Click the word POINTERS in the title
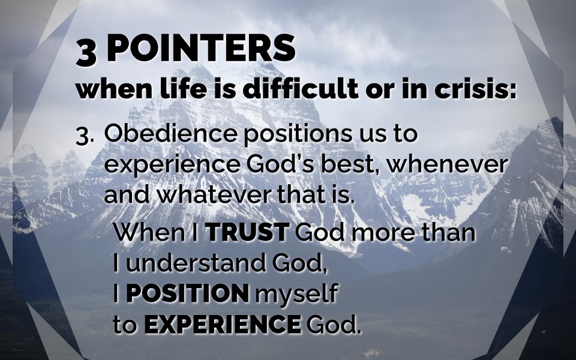201,48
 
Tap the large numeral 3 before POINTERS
86,53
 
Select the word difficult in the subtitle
301,88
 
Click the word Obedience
171,133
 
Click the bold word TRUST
247,232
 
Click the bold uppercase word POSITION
187,293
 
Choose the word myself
296,294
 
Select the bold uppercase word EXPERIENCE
223,325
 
